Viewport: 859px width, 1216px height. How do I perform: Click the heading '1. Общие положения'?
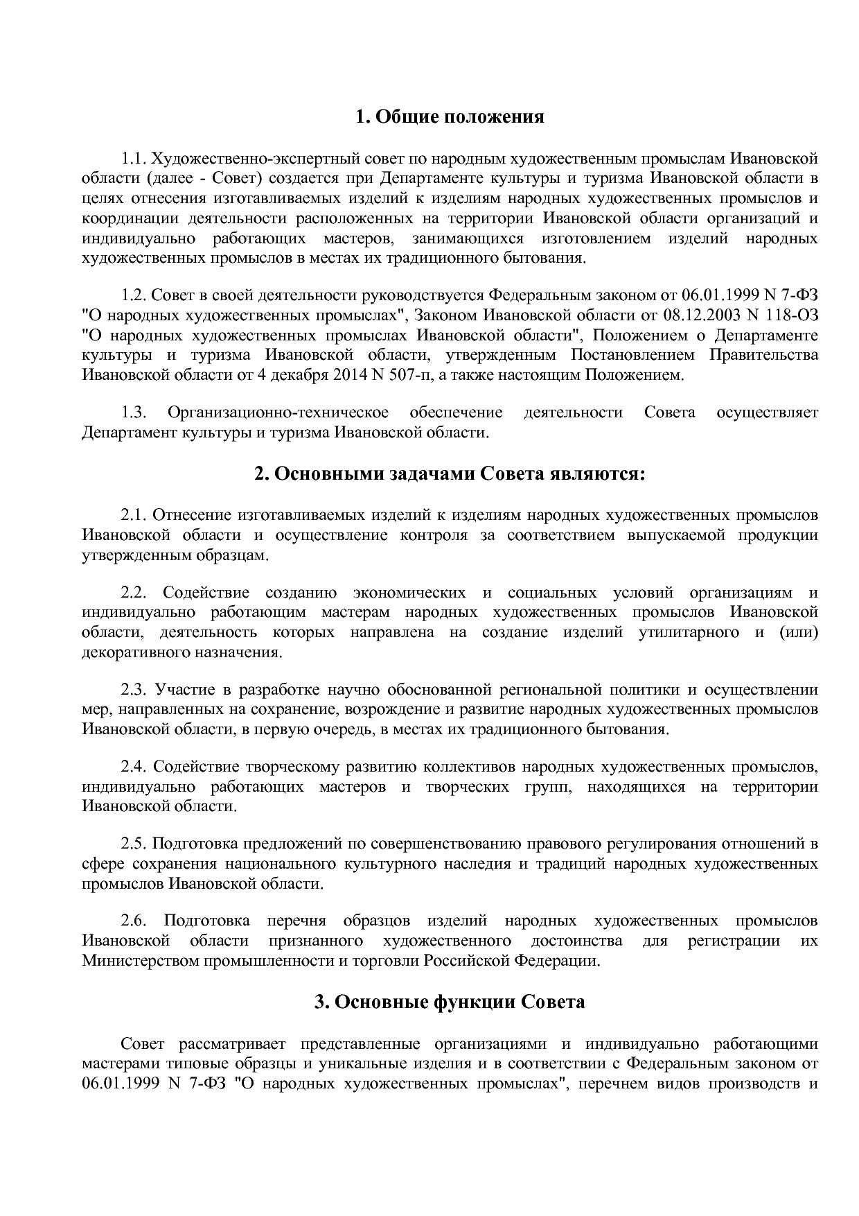click(450, 117)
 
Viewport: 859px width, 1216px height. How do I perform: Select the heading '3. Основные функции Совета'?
click(450, 1002)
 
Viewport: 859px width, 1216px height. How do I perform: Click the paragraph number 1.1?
click(133, 159)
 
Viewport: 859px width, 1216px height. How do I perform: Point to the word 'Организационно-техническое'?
click(278, 413)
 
